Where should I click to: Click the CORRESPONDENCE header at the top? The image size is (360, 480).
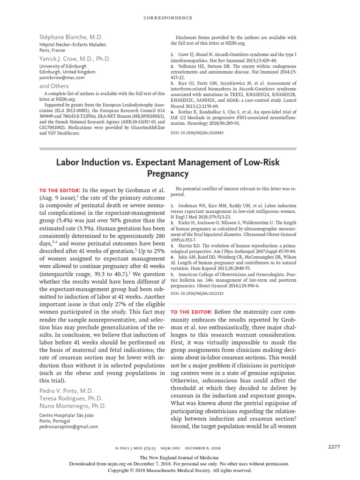coord(180,18)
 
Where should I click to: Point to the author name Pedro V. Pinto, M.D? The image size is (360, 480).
coord(67,390)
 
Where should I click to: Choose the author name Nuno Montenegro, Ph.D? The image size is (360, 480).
coord(72,406)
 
